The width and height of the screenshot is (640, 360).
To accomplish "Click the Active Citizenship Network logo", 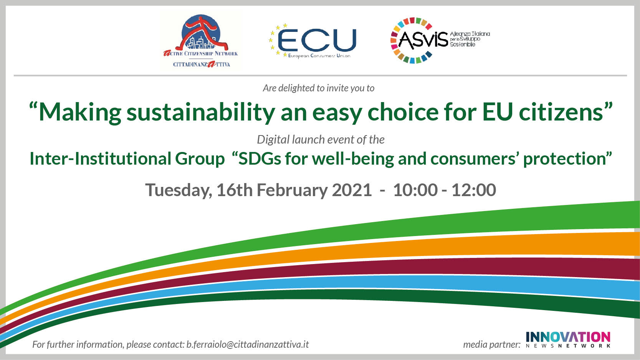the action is [x=201, y=41].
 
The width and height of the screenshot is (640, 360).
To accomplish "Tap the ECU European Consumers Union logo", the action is [x=312, y=41].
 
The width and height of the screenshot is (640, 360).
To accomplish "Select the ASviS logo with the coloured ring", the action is [x=440, y=40].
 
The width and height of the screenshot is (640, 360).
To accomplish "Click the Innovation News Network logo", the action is [x=568, y=340].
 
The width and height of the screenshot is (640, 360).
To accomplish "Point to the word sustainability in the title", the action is [x=201, y=112].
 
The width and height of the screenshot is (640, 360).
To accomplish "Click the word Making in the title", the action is [x=80, y=112].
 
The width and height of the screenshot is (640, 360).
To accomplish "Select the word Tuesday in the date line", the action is [x=179, y=190].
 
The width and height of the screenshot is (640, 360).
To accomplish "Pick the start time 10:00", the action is [x=415, y=190].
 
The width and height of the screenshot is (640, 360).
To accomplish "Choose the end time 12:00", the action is [x=474, y=190].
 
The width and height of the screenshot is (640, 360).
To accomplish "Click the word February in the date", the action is [x=292, y=190].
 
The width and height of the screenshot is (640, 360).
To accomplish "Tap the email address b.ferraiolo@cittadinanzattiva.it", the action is [x=247, y=344].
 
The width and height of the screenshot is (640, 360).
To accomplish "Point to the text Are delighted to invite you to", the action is [x=319, y=88].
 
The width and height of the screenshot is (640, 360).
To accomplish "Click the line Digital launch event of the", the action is [x=321, y=140].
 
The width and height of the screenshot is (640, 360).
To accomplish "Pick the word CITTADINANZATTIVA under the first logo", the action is [x=202, y=64].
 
